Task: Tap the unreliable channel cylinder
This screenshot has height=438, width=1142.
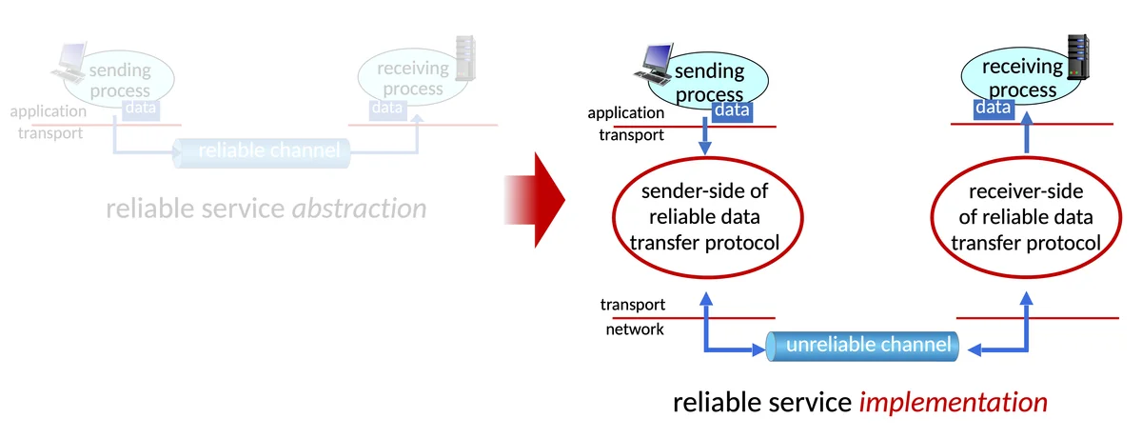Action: click(x=861, y=345)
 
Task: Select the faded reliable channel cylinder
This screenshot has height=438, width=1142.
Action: click(x=261, y=150)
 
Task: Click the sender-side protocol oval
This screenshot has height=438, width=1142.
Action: click(x=704, y=217)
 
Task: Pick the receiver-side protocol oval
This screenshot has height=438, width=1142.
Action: click(x=1026, y=217)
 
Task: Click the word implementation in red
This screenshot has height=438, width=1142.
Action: click(x=953, y=403)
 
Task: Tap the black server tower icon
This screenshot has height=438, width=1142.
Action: click(x=1076, y=57)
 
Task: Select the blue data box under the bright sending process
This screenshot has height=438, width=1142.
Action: click(x=732, y=111)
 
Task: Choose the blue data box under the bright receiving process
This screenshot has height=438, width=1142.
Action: click(x=992, y=109)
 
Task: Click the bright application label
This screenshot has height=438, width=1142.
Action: click(x=625, y=113)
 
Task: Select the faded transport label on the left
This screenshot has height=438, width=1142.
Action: click(x=50, y=132)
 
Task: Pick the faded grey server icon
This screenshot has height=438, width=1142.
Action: click(x=464, y=57)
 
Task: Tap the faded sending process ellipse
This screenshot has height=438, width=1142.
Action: click(x=120, y=78)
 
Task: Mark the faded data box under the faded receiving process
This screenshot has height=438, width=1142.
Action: click(x=387, y=108)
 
